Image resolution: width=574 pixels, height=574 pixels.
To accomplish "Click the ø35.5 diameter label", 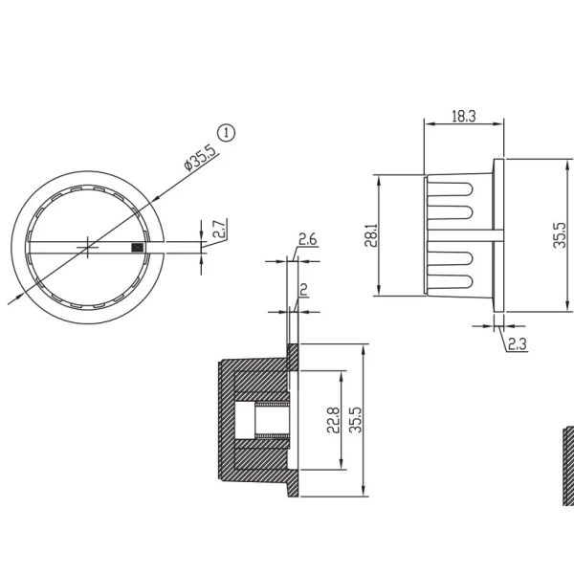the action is pos(201,158).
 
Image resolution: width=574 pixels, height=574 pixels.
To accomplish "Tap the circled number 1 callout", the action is pos(227,133).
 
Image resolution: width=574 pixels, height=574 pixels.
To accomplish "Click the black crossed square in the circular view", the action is pos(137,248).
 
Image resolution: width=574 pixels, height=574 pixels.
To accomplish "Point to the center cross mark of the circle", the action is pos(87,248).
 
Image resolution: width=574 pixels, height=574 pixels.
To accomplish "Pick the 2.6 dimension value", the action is pos(307,239).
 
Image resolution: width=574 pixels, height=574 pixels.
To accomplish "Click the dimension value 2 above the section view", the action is pos(303,290).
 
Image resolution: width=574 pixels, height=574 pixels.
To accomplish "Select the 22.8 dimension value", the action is pos(333,420).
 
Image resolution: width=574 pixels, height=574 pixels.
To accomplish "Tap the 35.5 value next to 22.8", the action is pos(355,420).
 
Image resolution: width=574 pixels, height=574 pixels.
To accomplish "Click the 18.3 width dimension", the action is pos(464,116).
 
